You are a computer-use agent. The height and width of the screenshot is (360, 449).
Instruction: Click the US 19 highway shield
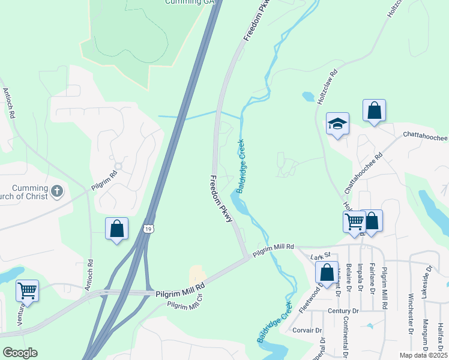(149, 228)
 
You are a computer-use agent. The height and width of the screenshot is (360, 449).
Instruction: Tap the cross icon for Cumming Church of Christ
(57, 191)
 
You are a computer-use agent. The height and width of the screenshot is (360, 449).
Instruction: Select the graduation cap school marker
(337, 124)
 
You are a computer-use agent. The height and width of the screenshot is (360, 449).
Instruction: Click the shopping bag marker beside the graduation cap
(374, 110)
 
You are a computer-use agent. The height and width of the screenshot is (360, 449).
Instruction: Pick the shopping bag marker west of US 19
(116, 229)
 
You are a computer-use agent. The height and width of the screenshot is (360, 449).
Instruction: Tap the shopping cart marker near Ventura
(27, 291)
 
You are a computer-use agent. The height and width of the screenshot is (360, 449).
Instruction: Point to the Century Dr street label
(343, 311)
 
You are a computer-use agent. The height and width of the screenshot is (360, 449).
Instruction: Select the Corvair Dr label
(307, 330)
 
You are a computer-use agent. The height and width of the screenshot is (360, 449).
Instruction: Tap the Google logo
(19, 353)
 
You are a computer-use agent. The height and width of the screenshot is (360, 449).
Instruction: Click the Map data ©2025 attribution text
(423, 355)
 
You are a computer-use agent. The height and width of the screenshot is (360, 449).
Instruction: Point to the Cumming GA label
(189, 2)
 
